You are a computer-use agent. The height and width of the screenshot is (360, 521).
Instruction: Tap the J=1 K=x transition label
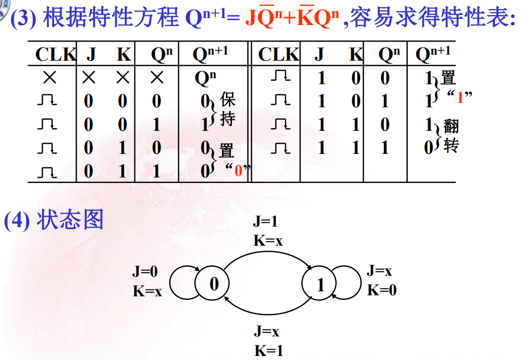point(268,231)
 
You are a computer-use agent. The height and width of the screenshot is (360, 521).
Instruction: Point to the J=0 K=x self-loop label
point(147,281)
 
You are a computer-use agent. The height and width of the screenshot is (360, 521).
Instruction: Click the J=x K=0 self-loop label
point(381,280)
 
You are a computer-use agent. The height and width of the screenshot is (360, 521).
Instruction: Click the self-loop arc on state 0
point(175,284)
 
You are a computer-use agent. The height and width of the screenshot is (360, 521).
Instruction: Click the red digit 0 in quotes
point(238,170)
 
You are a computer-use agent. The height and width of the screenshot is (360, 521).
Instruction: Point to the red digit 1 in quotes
point(460,98)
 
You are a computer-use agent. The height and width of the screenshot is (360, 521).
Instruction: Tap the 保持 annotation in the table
point(227,109)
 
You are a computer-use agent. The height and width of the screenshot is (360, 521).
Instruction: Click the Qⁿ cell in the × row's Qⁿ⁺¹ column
point(205,78)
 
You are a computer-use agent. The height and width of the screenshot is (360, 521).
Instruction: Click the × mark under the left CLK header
point(51,78)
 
